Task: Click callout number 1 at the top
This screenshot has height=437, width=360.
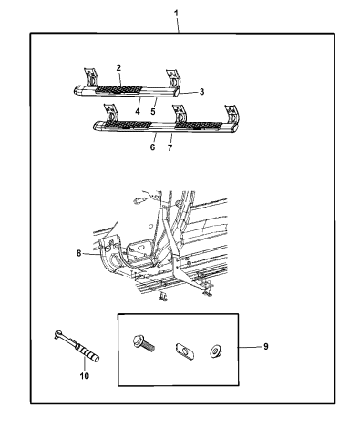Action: pos(176,14)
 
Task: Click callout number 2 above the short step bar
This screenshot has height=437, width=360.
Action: pos(118,68)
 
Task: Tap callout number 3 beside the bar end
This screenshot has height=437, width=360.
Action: pos(202,92)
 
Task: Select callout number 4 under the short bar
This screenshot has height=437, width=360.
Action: pos(138,111)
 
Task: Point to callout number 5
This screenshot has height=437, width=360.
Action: pos(153,111)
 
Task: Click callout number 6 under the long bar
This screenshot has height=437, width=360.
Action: pos(152,147)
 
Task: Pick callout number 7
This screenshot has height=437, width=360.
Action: pos(170,147)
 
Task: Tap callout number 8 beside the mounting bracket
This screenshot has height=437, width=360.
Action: pos(79,253)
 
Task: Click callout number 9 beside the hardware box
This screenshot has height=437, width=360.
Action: pos(265,347)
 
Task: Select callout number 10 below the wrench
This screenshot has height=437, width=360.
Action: pos(85,376)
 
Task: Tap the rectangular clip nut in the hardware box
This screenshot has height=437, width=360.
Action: pos(185,351)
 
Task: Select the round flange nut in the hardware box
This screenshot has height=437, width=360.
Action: pos(216,351)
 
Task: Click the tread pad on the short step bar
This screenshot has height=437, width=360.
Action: pos(119,89)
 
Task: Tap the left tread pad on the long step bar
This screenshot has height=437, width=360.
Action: pos(127,125)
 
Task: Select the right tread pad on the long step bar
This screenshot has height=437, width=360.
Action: pos(199,125)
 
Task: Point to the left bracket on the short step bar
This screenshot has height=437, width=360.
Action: pos(91,77)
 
